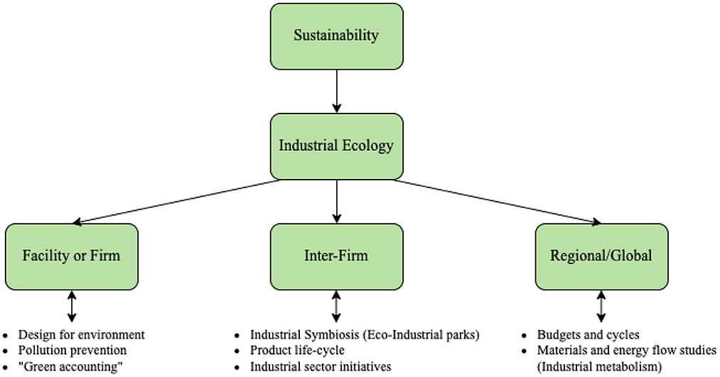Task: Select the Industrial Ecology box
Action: (x=336, y=146)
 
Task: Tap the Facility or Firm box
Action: (x=71, y=256)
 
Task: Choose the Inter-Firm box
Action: (x=336, y=256)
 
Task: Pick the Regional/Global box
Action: (x=601, y=256)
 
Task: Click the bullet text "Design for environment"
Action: (x=82, y=334)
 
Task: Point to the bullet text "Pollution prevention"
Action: (x=72, y=350)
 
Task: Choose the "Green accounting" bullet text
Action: (x=68, y=366)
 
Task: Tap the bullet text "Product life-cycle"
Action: (x=297, y=350)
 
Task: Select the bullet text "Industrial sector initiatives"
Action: (x=321, y=366)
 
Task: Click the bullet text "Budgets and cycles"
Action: (x=588, y=334)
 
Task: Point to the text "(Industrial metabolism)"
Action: (x=599, y=366)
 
